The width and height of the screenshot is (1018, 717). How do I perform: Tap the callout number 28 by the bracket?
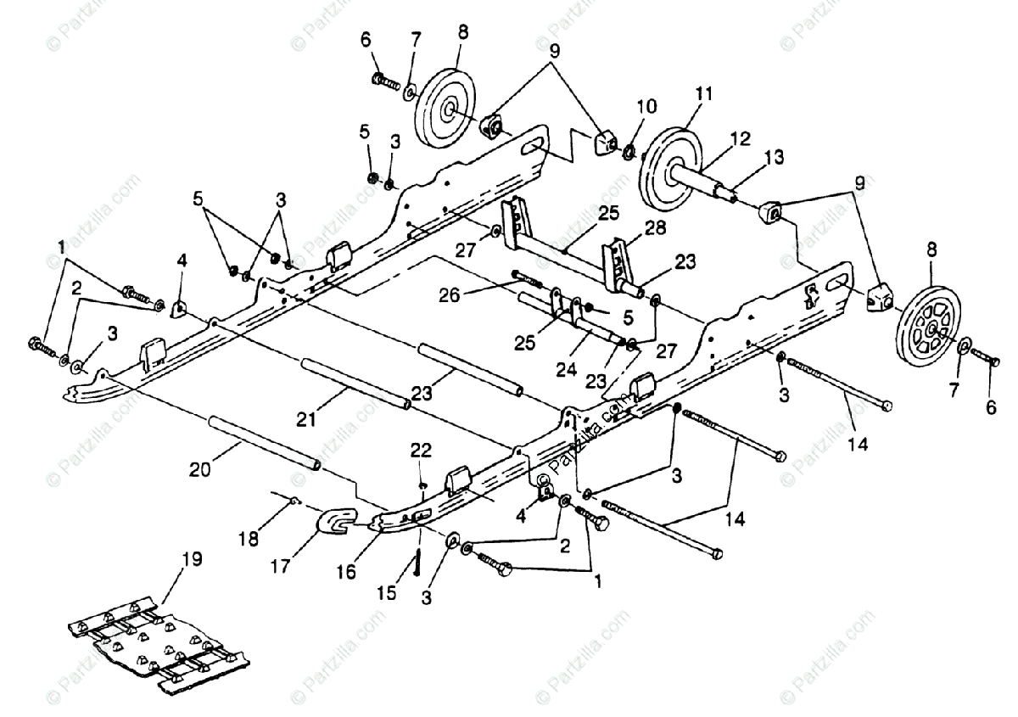(x=655, y=227)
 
